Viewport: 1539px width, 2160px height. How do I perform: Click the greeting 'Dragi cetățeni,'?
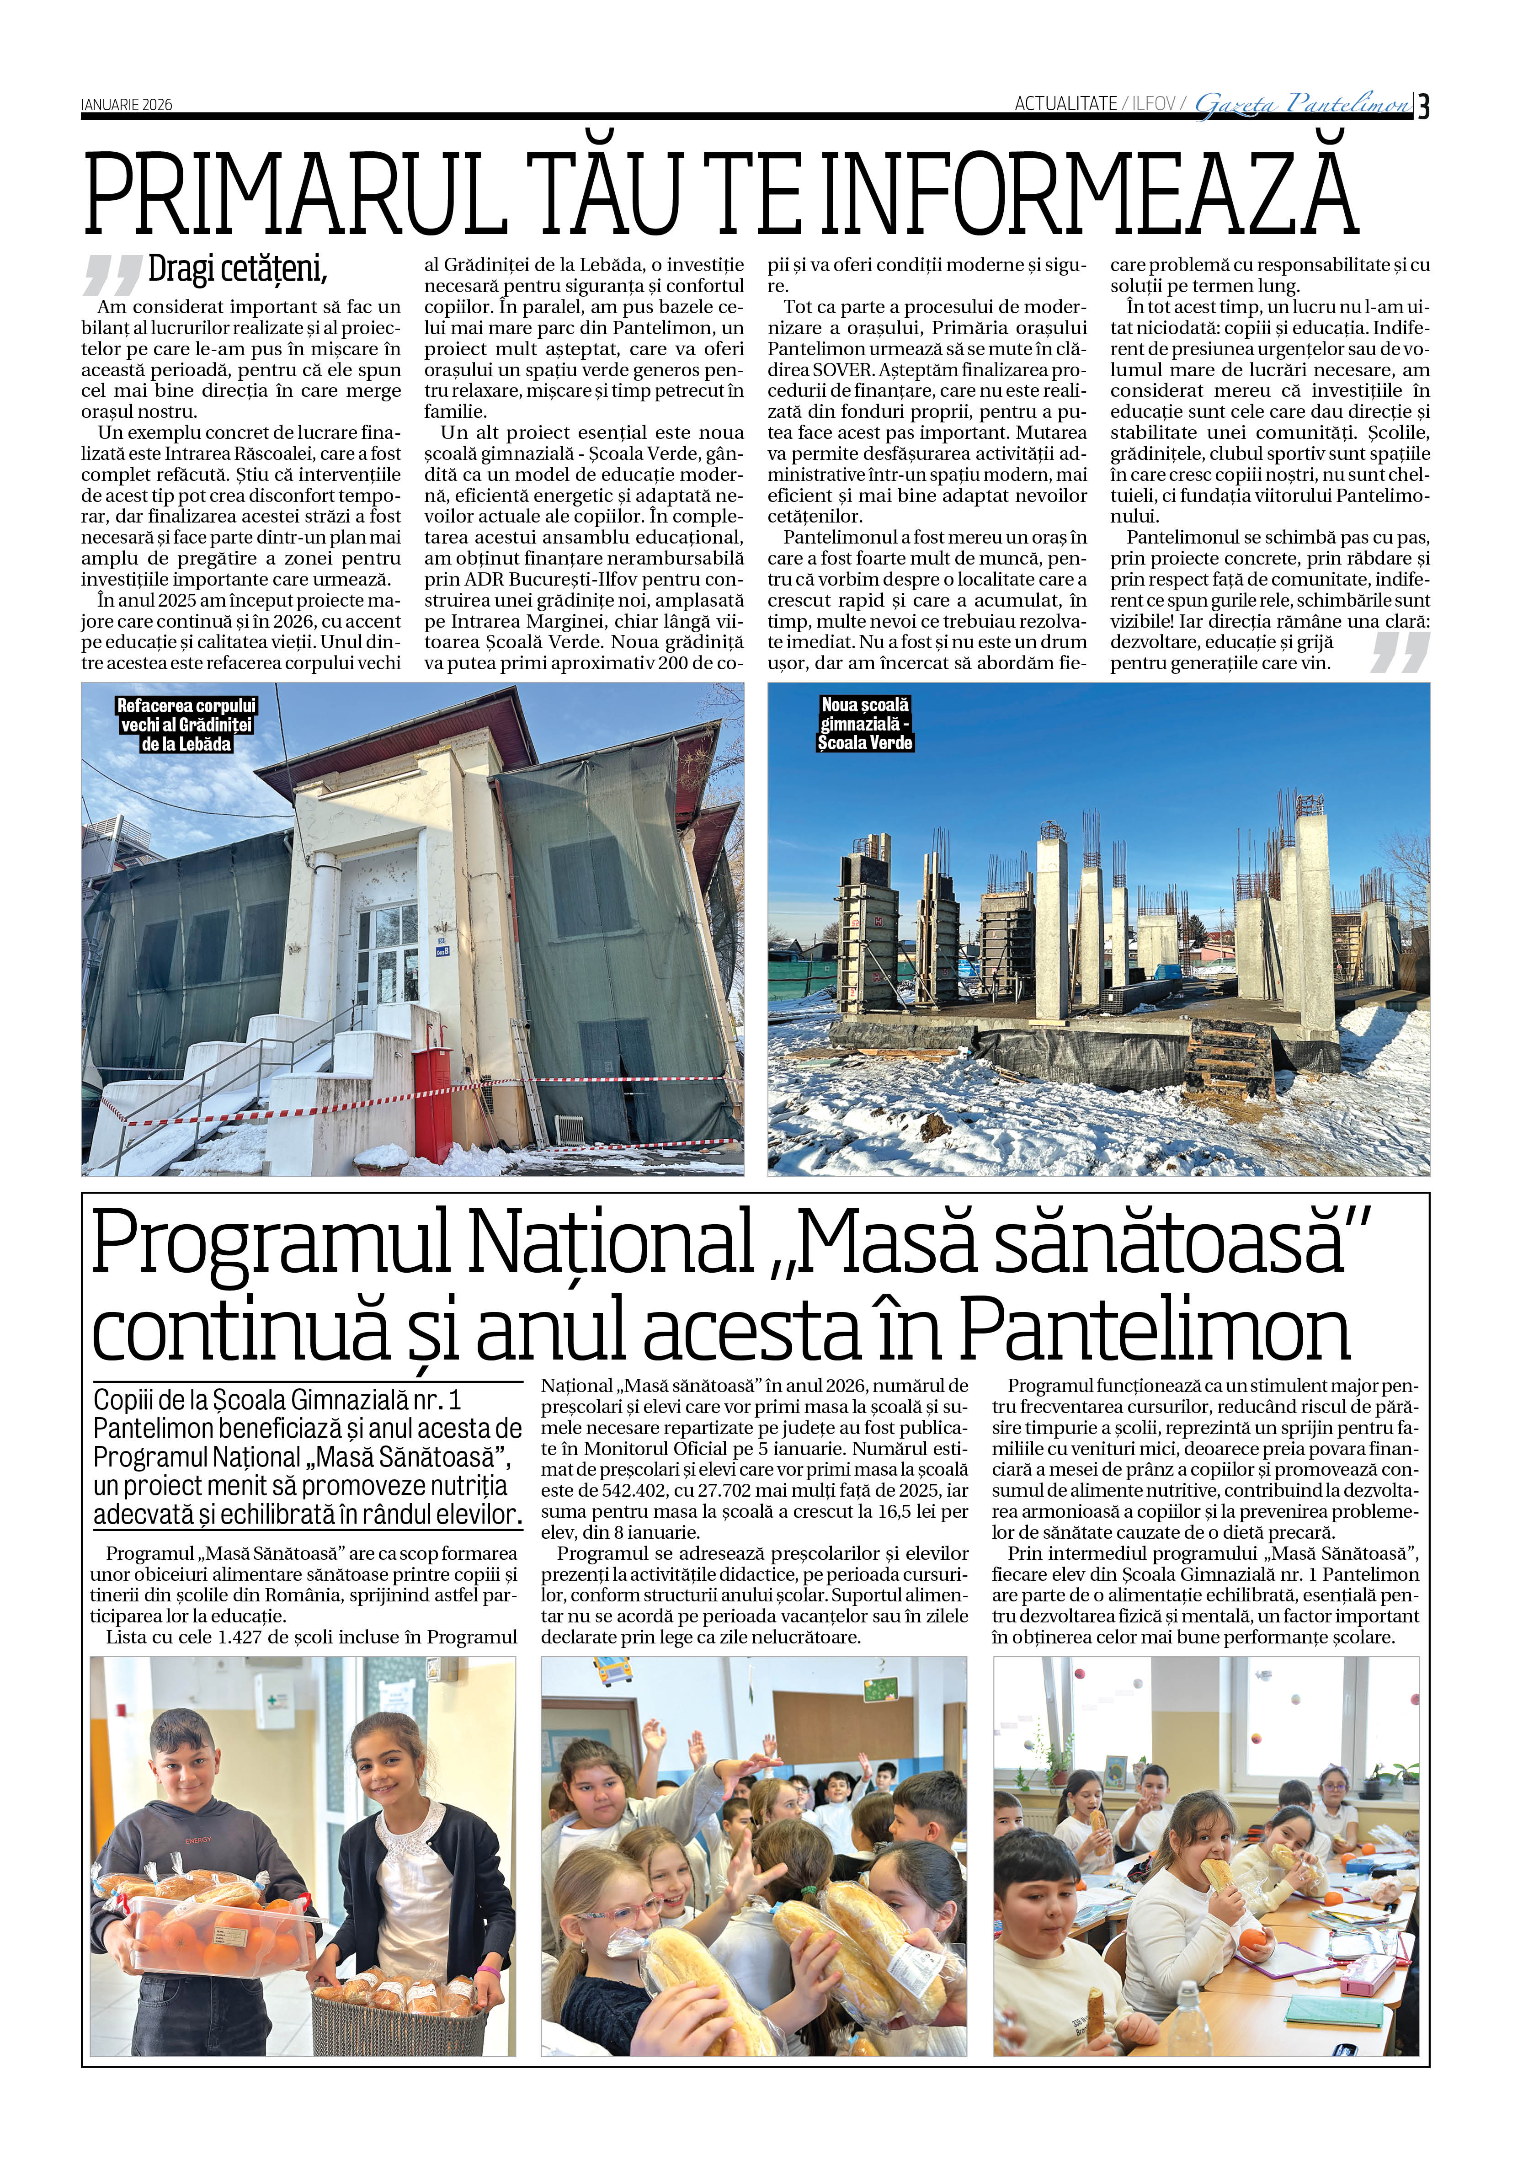[x=237, y=270]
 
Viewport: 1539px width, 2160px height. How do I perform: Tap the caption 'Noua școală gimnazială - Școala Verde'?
[x=864, y=724]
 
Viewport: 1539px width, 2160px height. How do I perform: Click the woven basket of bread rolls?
[x=398, y=2009]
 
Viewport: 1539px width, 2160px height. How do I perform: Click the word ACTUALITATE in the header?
[x=1065, y=104]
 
